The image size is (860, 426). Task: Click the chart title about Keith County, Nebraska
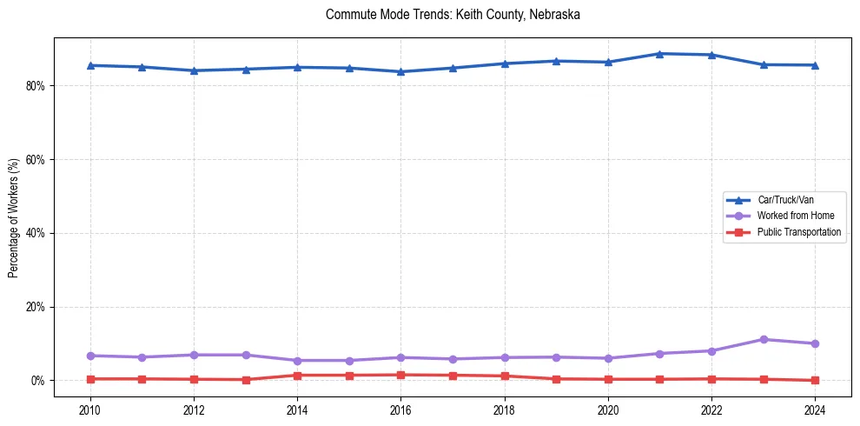(x=453, y=15)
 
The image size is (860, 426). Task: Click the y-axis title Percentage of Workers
(x=13, y=218)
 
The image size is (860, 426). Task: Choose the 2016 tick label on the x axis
(x=400, y=409)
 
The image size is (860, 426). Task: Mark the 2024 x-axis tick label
(x=815, y=409)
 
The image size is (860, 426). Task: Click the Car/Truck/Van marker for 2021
(x=659, y=54)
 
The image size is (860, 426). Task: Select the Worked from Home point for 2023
(x=764, y=339)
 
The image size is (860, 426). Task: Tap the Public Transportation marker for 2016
(x=400, y=375)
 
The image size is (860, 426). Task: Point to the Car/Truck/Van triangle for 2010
(x=90, y=65)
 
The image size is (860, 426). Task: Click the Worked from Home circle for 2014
(x=297, y=360)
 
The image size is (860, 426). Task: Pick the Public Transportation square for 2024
(x=815, y=380)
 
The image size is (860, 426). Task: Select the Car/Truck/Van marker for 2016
(x=400, y=71)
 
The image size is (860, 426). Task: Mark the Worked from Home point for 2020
(x=608, y=358)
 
